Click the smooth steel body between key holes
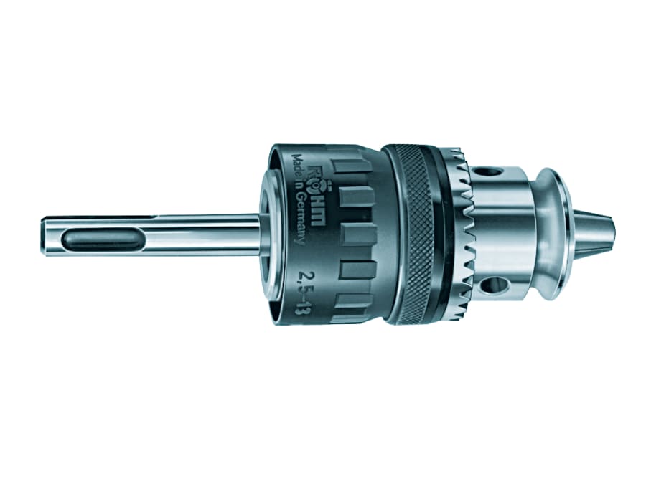502,229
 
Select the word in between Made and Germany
296,188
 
